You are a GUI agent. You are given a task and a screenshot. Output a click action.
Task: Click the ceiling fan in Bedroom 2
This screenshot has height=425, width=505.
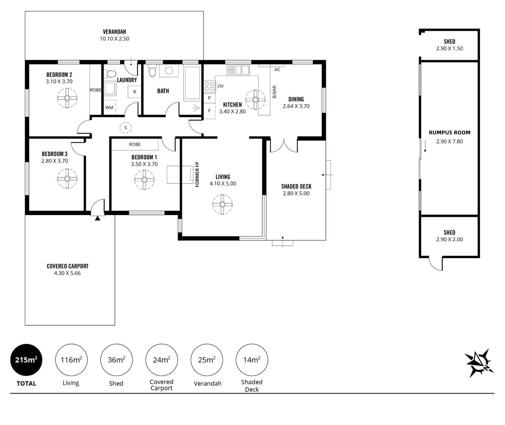pyautogui.click(x=67, y=98)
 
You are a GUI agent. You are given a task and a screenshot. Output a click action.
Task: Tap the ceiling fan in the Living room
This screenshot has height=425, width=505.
pyautogui.click(x=223, y=205)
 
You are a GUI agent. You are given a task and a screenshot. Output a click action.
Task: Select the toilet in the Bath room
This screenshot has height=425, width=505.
pyautogui.click(x=152, y=70)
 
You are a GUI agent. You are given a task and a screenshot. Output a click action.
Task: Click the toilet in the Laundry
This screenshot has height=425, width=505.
pyautogui.click(x=110, y=73)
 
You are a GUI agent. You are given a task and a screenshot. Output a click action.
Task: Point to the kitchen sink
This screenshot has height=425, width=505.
pyautogui.click(x=238, y=70)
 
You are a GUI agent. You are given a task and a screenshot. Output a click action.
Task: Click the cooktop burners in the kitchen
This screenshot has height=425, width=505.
pyautogui.click(x=210, y=86)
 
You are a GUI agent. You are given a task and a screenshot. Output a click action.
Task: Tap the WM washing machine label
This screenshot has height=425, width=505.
pyautogui.click(x=109, y=108)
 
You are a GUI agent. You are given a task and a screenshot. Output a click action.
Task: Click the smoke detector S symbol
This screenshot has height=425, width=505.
pyautogui.click(x=126, y=128)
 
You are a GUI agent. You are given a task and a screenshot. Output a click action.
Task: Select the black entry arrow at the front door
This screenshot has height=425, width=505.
pyautogui.click(x=97, y=218)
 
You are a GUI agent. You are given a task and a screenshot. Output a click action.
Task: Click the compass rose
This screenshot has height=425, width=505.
pyautogui.click(x=479, y=363)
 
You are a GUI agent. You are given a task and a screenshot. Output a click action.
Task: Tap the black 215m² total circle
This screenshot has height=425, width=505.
pyautogui.click(x=26, y=360)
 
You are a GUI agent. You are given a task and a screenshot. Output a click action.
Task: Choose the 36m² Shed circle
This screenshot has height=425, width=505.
pyautogui.click(x=117, y=360)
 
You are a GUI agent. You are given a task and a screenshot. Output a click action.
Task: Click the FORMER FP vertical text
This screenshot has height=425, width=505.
pyautogui.click(x=197, y=174)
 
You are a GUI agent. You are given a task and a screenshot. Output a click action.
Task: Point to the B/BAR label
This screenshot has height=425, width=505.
pyautogui.click(x=274, y=92)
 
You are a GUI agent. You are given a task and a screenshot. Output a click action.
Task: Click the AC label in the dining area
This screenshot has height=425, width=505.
pyautogui.click(x=277, y=70)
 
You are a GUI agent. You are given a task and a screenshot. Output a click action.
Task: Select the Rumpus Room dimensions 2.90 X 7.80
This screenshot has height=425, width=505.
pyautogui.click(x=449, y=142)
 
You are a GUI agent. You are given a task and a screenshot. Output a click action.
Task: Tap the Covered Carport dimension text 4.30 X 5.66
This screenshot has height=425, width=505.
pyautogui.click(x=67, y=273)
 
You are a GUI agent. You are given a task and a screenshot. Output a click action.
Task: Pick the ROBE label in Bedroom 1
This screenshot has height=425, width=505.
pyautogui.click(x=135, y=144)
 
